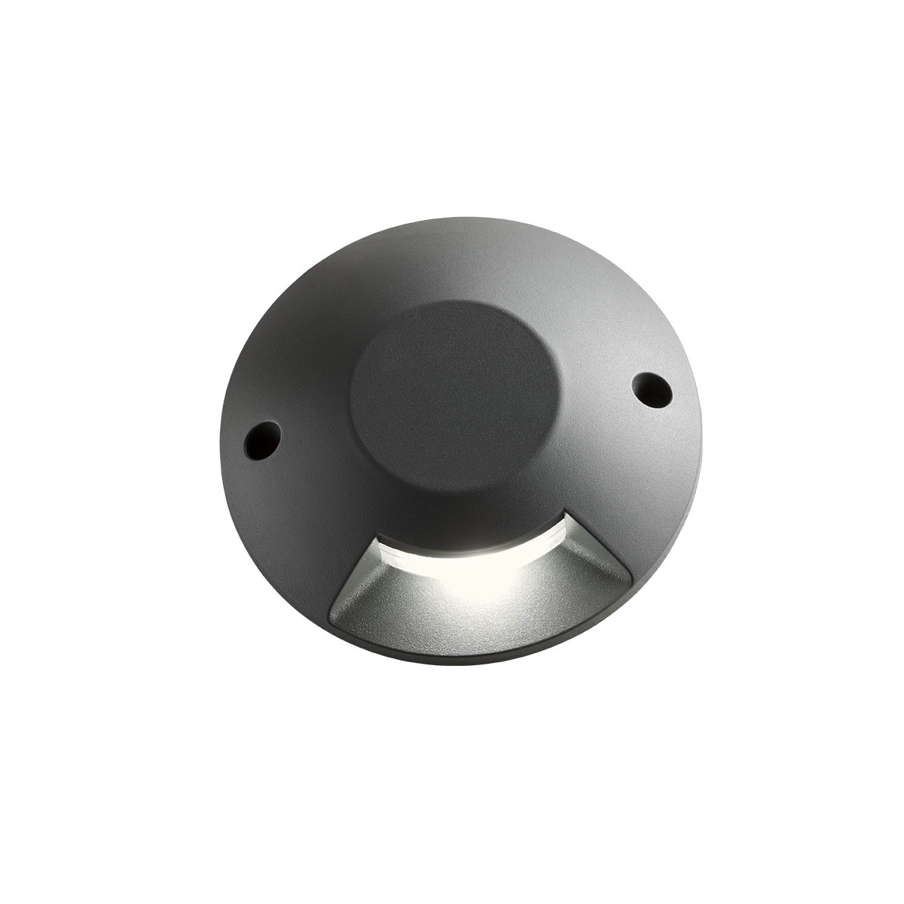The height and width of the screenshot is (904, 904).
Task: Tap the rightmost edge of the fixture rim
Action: coord(701,422)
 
